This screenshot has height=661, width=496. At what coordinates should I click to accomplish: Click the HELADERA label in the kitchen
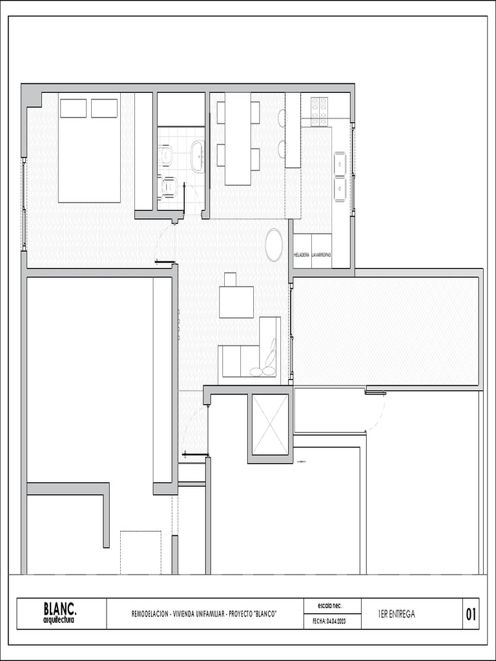302,255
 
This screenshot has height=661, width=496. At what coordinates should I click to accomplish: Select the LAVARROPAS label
321,255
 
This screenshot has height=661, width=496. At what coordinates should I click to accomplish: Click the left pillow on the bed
73,108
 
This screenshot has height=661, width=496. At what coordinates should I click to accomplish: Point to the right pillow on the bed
104,108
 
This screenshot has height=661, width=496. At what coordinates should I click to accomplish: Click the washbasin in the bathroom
198,156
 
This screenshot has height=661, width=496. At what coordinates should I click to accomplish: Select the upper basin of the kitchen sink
340,164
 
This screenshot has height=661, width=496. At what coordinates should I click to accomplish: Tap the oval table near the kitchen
274,245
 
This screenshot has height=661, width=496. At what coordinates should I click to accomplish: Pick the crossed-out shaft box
270,425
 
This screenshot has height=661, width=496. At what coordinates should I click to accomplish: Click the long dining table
238,139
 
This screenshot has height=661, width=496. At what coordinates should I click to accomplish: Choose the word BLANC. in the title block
59,608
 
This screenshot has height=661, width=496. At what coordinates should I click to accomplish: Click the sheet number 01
471,615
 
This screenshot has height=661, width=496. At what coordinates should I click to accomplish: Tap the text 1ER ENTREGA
397,615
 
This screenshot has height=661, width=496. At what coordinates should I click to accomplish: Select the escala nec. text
329,606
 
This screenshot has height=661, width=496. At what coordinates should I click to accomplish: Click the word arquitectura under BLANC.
59,620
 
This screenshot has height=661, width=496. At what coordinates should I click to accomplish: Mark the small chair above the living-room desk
231,280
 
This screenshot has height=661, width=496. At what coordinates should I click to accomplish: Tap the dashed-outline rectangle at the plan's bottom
140,552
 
